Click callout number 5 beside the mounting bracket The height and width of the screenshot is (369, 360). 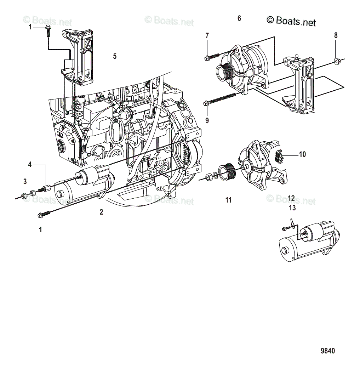pos(115,56)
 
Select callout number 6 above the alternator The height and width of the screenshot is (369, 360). pos(239,18)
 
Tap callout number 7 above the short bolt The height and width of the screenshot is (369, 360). pos(207,35)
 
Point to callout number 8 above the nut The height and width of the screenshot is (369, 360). pos(336,35)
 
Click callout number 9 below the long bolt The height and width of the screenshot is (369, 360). pos(207,120)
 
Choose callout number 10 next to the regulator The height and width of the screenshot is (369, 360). pos(302,154)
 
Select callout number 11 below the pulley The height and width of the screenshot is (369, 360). pos(228,200)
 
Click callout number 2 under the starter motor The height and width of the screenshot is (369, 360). pos(101,212)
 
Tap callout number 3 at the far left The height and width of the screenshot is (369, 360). pos(25,182)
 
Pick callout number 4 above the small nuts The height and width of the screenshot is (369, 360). pos(30,165)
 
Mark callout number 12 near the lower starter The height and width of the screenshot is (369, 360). pos(291,198)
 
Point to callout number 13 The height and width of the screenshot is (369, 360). pos(292,208)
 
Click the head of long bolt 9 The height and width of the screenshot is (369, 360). pos(206,103)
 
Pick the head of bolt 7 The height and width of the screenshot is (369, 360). pos(207,58)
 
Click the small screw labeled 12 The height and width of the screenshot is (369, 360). pos(284,229)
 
